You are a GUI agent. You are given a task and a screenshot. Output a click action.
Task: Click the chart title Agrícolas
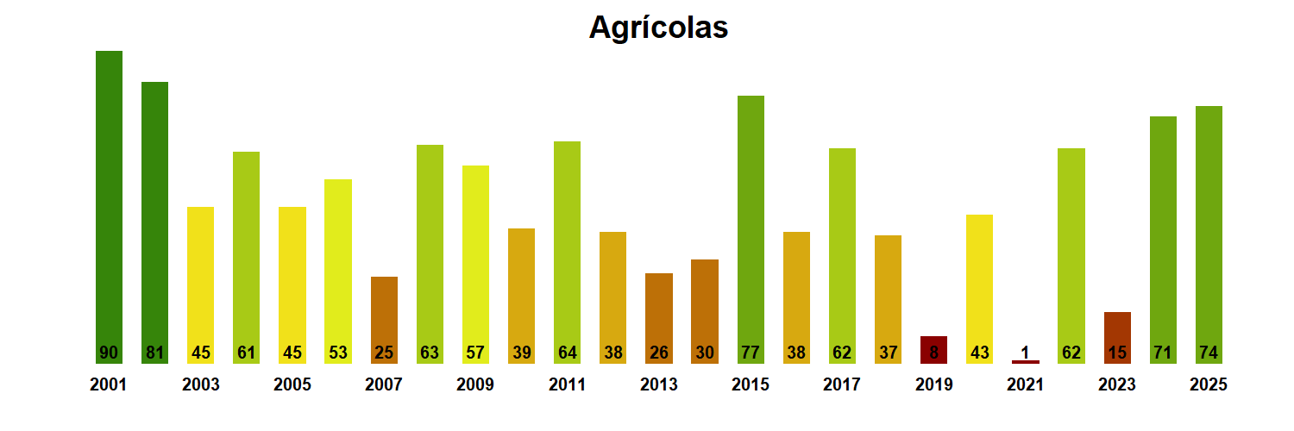(x=658, y=28)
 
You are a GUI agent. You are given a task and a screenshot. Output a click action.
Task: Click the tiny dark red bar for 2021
(x=1026, y=362)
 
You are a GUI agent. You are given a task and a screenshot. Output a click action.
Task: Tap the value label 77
(x=751, y=353)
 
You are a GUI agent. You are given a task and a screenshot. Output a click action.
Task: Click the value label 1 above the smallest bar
(x=1026, y=352)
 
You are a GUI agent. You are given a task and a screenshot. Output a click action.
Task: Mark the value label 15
(x=1117, y=353)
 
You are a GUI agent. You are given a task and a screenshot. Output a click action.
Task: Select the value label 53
(x=338, y=353)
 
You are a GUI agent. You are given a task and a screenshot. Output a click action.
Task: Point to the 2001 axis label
(x=109, y=385)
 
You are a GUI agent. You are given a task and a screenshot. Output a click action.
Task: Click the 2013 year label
(x=659, y=385)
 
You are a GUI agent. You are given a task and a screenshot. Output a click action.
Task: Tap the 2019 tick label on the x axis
(x=933, y=385)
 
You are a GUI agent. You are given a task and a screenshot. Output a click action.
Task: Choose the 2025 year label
(x=1209, y=385)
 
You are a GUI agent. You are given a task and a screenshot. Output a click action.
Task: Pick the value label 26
(x=659, y=353)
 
